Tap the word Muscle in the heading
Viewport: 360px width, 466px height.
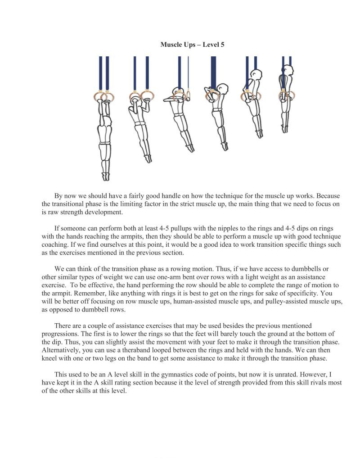pos(171,45)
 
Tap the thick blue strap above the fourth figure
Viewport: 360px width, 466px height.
pos(213,72)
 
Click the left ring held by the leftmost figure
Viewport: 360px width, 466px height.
pos(99,96)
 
